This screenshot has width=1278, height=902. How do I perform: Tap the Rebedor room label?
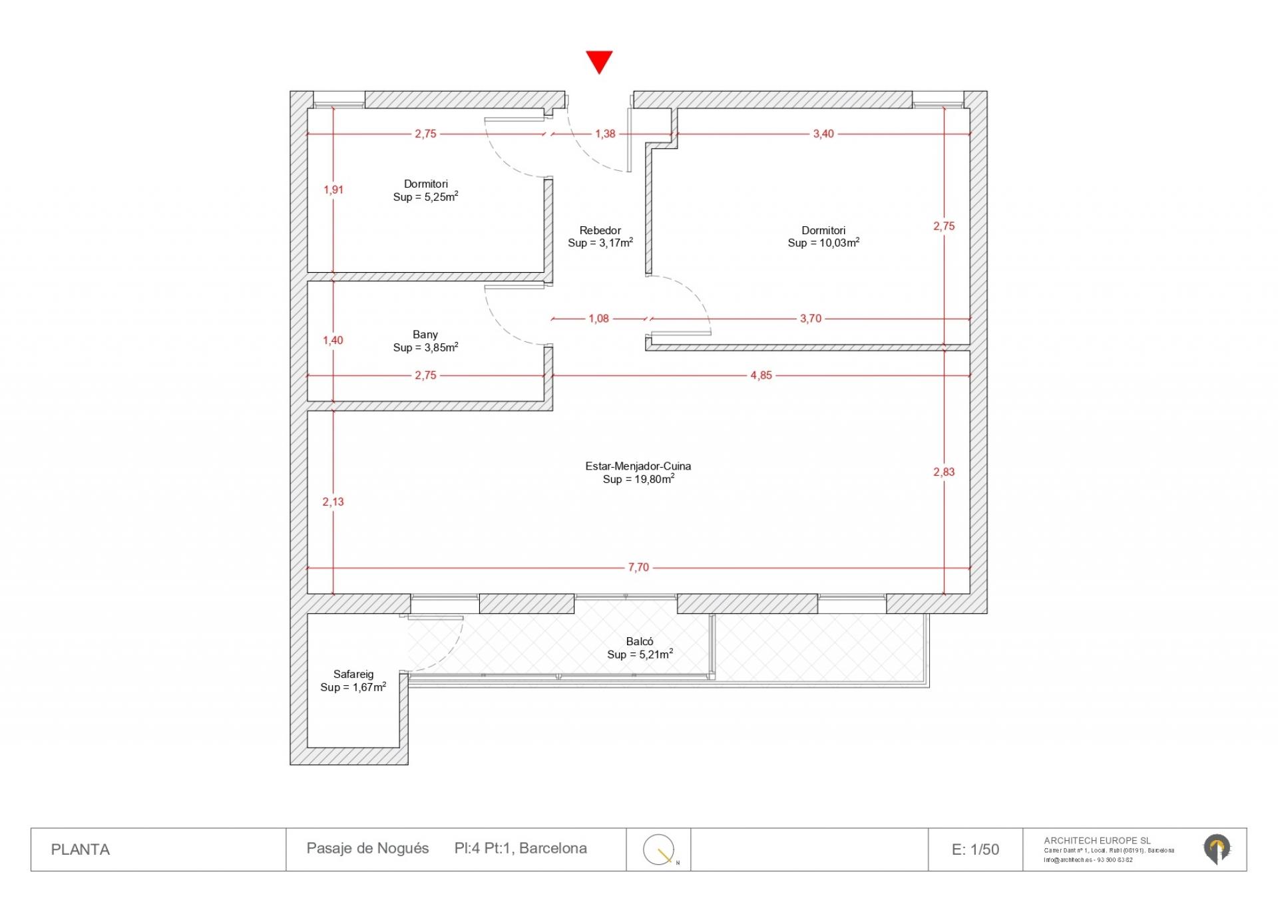pyautogui.click(x=600, y=230)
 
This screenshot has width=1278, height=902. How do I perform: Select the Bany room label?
pyautogui.click(x=425, y=335)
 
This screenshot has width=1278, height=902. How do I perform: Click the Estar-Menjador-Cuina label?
pyautogui.click(x=638, y=466)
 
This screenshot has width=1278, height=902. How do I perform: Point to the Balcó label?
pyautogui.click(x=639, y=641)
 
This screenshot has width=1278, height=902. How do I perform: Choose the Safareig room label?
pyautogui.click(x=353, y=674)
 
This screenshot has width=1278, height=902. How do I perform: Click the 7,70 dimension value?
pyautogui.click(x=638, y=567)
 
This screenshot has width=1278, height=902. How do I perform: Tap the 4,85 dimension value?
pyautogui.click(x=761, y=375)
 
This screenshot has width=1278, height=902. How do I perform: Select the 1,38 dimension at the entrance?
pyautogui.click(x=605, y=134)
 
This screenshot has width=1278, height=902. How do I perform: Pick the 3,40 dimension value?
pyautogui.click(x=823, y=134)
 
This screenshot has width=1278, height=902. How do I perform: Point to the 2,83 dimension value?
pyautogui.click(x=944, y=472)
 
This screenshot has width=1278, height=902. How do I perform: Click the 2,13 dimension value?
pyautogui.click(x=333, y=502)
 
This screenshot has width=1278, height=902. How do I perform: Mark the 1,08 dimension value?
pyautogui.click(x=598, y=319)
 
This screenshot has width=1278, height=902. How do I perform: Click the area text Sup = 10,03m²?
pyautogui.click(x=823, y=243)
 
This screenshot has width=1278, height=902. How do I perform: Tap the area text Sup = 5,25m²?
pyautogui.click(x=425, y=197)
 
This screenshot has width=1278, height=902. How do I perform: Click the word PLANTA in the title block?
pyautogui.click(x=81, y=849)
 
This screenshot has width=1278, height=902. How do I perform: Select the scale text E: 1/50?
pyautogui.click(x=975, y=849)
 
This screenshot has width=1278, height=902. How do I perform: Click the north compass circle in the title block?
pyautogui.click(x=658, y=849)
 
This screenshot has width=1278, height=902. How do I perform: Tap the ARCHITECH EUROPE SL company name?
pyautogui.click(x=1097, y=841)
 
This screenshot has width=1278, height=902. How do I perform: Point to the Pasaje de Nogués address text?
pyautogui.click(x=367, y=848)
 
